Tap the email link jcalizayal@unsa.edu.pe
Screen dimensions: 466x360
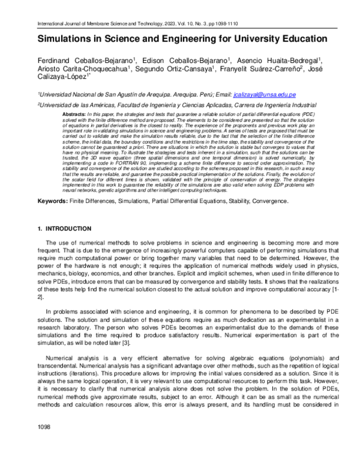[x=264, y=95]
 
